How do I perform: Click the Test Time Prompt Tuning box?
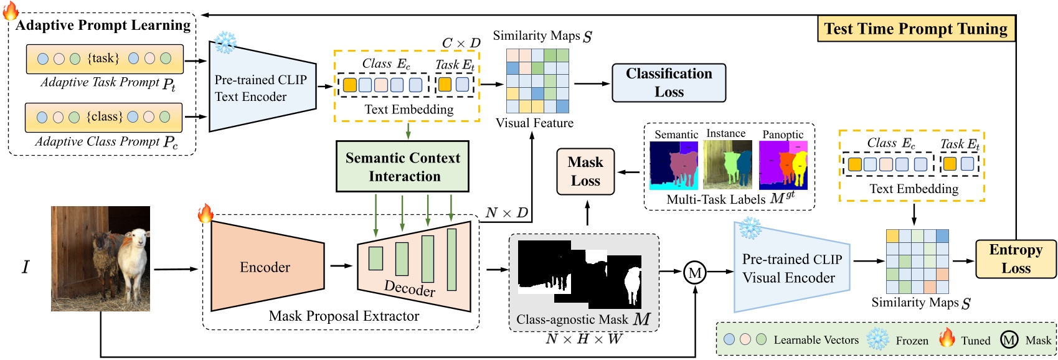915,29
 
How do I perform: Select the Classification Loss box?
669,83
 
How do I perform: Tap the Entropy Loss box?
1015,258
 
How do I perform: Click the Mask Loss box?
585,171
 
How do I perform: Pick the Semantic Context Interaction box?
403,166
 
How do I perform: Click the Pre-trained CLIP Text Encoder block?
262,88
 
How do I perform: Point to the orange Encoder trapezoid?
266,267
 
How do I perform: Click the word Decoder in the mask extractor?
410,288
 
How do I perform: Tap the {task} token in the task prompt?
103,59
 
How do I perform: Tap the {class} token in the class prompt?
103,116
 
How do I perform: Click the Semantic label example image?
674,165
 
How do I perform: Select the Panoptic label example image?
783,165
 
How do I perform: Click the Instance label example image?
727,164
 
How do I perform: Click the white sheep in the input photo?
133,255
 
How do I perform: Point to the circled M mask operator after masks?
695,272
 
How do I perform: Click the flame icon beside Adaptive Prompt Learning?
11,11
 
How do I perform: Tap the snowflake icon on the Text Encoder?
225,42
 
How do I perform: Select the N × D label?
506,213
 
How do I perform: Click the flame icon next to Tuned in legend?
947,338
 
